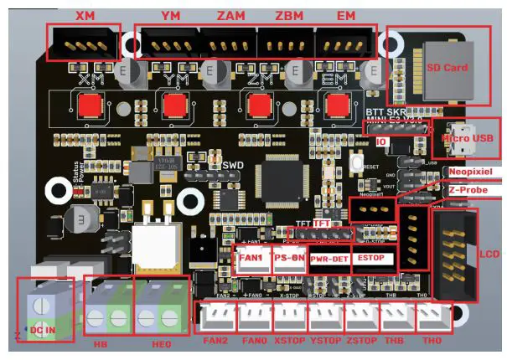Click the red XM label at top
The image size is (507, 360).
pos(85,15)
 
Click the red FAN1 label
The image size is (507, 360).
pos(251,259)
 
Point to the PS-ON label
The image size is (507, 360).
pos(289,259)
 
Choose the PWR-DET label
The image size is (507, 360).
pos(329,260)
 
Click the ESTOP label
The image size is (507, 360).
pos(370,259)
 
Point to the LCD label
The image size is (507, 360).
pos(489,252)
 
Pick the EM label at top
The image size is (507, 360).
pos(345,15)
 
